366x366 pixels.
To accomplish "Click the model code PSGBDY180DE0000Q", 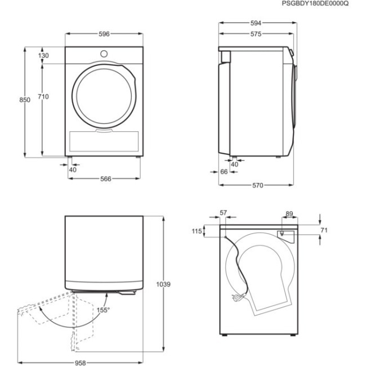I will pyautogui.click(x=315, y=4).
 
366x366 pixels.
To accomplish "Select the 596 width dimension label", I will pyautogui.click(x=104, y=34).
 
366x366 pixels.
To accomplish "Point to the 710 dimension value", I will pyautogui.click(x=43, y=97).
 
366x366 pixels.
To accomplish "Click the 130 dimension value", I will pyautogui.click(x=43, y=56).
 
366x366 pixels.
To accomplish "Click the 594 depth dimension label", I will pyautogui.click(x=255, y=23).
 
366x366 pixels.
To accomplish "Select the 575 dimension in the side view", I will pyautogui.click(x=255, y=34).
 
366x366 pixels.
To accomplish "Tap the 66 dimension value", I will pyautogui.click(x=224, y=172).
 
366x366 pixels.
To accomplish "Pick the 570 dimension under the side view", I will pyautogui.click(x=257, y=185).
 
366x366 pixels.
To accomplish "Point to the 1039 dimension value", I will pyautogui.click(x=164, y=284).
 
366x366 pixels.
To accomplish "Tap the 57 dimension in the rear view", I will pyautogui.click(x=223, y=213).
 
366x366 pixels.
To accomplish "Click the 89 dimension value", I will pyautogui.click(x=289, y=213).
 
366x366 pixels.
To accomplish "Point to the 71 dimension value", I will pyautogui.click(x=324, y=230).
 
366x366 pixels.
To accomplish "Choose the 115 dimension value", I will pyautogui.click(x=196, y=231).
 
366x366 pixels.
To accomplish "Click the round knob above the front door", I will pyautogui.click(x=104, y=53).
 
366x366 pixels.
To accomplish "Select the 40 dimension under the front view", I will pyautogui.click(x=73, y=169).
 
